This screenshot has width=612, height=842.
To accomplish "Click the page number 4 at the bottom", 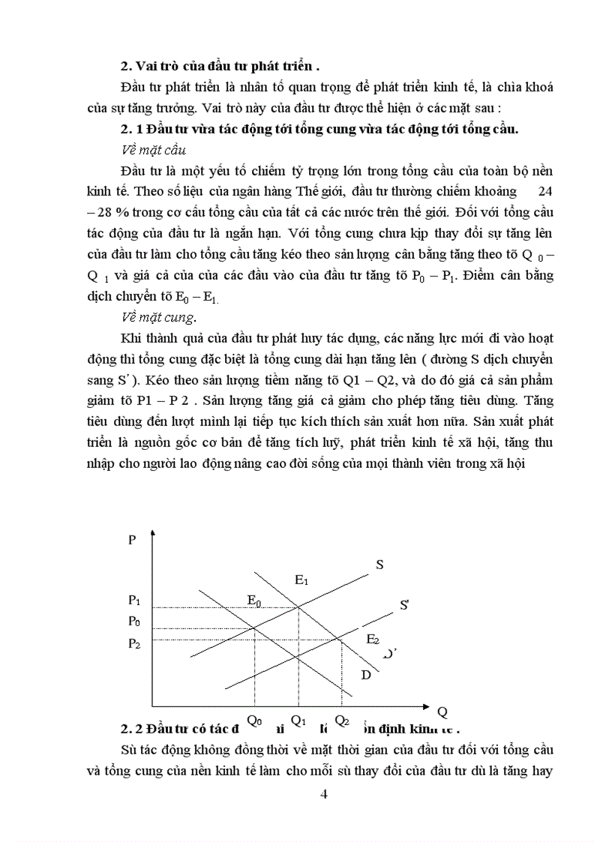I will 324,795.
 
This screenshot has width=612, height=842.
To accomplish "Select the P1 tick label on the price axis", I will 134,599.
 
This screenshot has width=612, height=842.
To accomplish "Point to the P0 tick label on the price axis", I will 134,620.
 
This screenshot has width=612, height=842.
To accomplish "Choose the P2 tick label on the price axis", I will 134,643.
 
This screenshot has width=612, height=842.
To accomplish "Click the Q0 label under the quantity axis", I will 254,721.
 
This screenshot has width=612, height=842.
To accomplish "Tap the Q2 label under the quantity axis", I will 342,721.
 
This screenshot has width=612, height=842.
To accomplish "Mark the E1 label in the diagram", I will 302,579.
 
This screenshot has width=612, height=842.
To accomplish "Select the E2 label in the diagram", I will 373,639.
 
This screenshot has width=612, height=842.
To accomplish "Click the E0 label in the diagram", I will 255,599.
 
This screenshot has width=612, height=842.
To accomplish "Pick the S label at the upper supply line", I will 379,565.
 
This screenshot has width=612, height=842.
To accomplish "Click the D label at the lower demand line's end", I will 366,675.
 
